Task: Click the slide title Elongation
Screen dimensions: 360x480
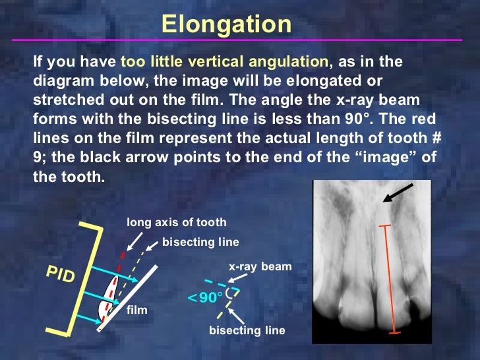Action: click(x=226, y=24)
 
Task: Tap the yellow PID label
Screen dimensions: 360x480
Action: click(x=60, y=274)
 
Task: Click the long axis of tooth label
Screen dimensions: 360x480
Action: click(x=176, y=222)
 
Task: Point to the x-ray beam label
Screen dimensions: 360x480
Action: click(x=260, y=267)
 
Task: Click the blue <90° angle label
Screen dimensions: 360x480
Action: click(x=205, y=298)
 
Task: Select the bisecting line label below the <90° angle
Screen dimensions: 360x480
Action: click(x=247, y=330)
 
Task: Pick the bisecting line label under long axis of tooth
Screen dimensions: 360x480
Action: click(x=200, y=242)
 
